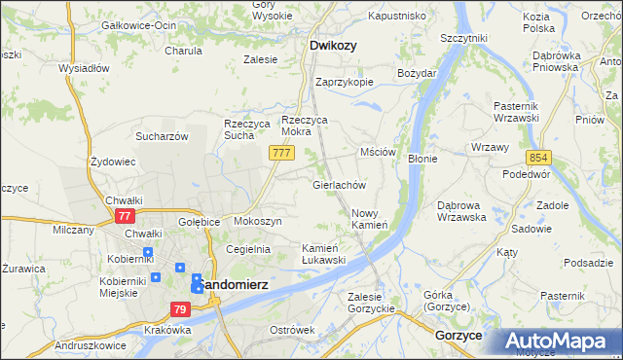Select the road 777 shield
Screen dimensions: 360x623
(x=281, y=155)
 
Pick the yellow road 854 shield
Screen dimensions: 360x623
(x=539, y=157)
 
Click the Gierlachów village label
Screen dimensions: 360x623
(x=338, y=184)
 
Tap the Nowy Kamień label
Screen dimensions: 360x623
(x=370, y=219)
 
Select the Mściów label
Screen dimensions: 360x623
(x=378, y=153)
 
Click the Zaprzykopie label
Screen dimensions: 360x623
(x=345, y=82)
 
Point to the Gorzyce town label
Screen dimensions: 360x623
(x=459, y=335)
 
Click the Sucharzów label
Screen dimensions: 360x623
(x=162, y=136)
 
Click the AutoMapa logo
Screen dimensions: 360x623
(x=560, y=342)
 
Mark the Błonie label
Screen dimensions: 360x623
(x=422, y=158)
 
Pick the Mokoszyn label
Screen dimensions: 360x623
(x=258, y=222)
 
